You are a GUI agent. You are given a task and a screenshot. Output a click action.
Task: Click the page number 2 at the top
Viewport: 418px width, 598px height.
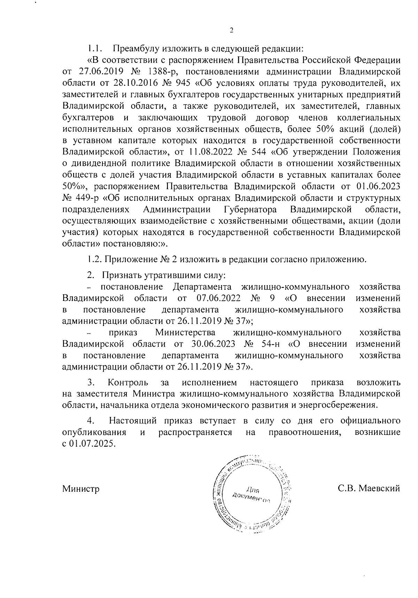click(x=231, y=31)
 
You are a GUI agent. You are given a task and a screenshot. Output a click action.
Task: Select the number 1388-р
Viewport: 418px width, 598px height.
click(x=163, y=73)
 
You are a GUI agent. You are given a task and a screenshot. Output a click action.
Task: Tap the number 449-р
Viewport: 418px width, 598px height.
click(x=87, y=198)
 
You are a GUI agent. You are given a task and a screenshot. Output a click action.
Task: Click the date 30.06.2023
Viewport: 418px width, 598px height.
click(x=214, y=344)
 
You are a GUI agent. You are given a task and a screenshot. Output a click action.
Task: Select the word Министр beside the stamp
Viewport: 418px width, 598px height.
click(x=81, y=489)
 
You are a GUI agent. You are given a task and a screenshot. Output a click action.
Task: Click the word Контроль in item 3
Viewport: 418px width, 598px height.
click(x=128, y=383)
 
